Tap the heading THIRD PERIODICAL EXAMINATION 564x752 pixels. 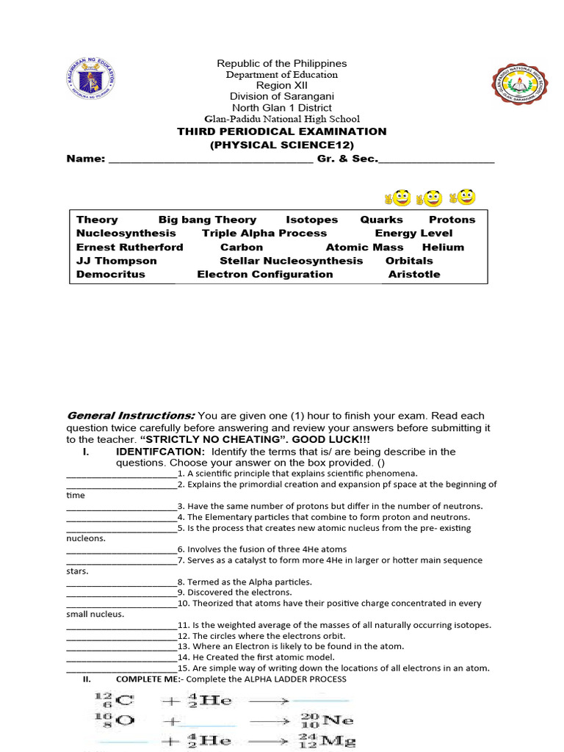click(x=282, y=131)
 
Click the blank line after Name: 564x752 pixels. click(x=211, y=160)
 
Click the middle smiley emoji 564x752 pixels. click(x=431, y=198)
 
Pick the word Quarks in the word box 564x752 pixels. click(x=381, y=220)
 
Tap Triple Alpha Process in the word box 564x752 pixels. click(x=264, y=234)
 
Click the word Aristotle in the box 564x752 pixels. click(x=414, y=275)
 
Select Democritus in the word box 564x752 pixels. click(x=111, y=275)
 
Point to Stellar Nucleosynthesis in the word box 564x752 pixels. click(x=291, y=261)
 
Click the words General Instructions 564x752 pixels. click(x=131, y=415)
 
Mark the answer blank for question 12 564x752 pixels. click(x=121, y=637)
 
